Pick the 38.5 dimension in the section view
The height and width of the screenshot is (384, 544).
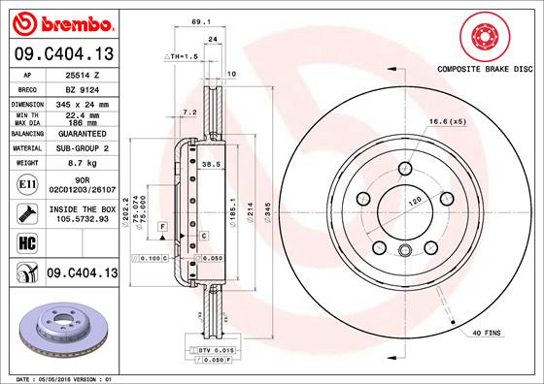(206, 165)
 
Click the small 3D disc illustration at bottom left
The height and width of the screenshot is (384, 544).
(59, 329)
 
